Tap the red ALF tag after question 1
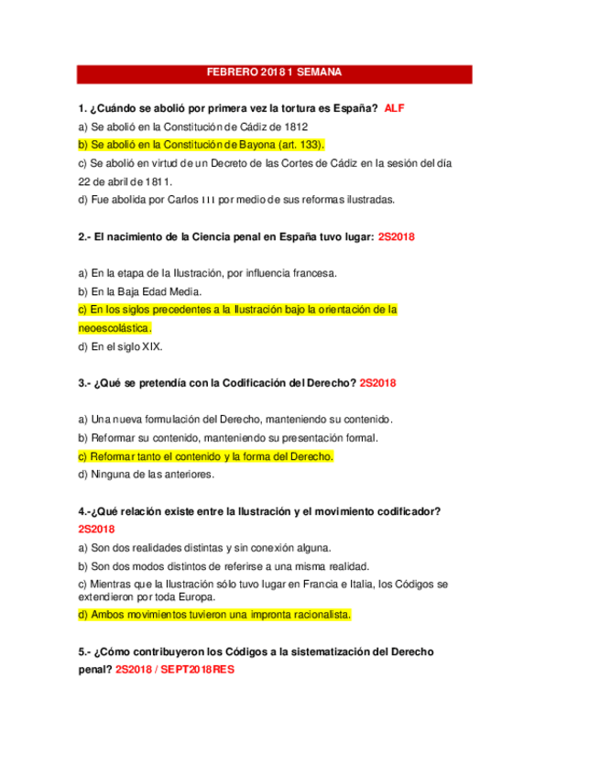pyautogui.click(x=394, y=108)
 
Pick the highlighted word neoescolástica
pyautogui.click(x=115, y=328)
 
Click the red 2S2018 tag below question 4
pyautogui.click(x=96, y=530)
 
